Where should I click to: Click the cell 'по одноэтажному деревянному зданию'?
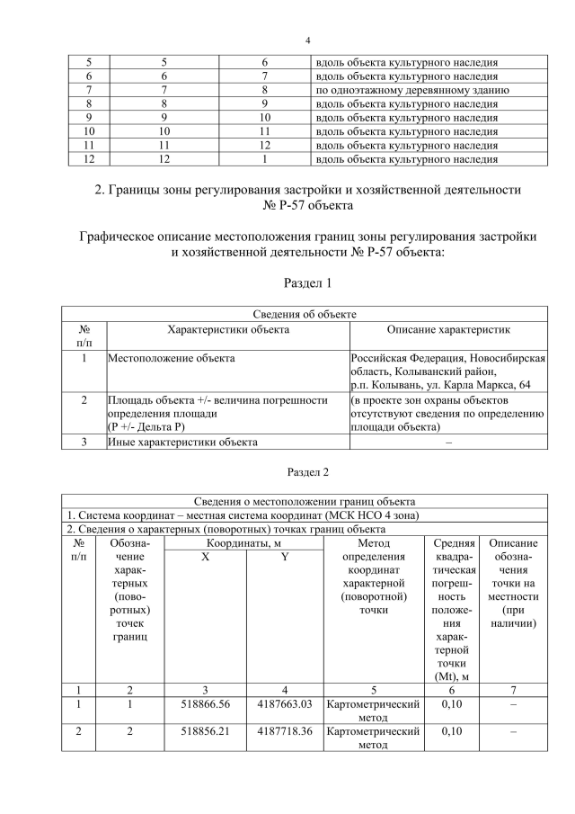412,91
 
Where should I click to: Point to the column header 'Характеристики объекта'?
228,330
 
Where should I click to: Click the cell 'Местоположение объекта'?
171,359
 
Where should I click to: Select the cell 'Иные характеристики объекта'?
182,442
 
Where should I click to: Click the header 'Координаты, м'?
244,543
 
